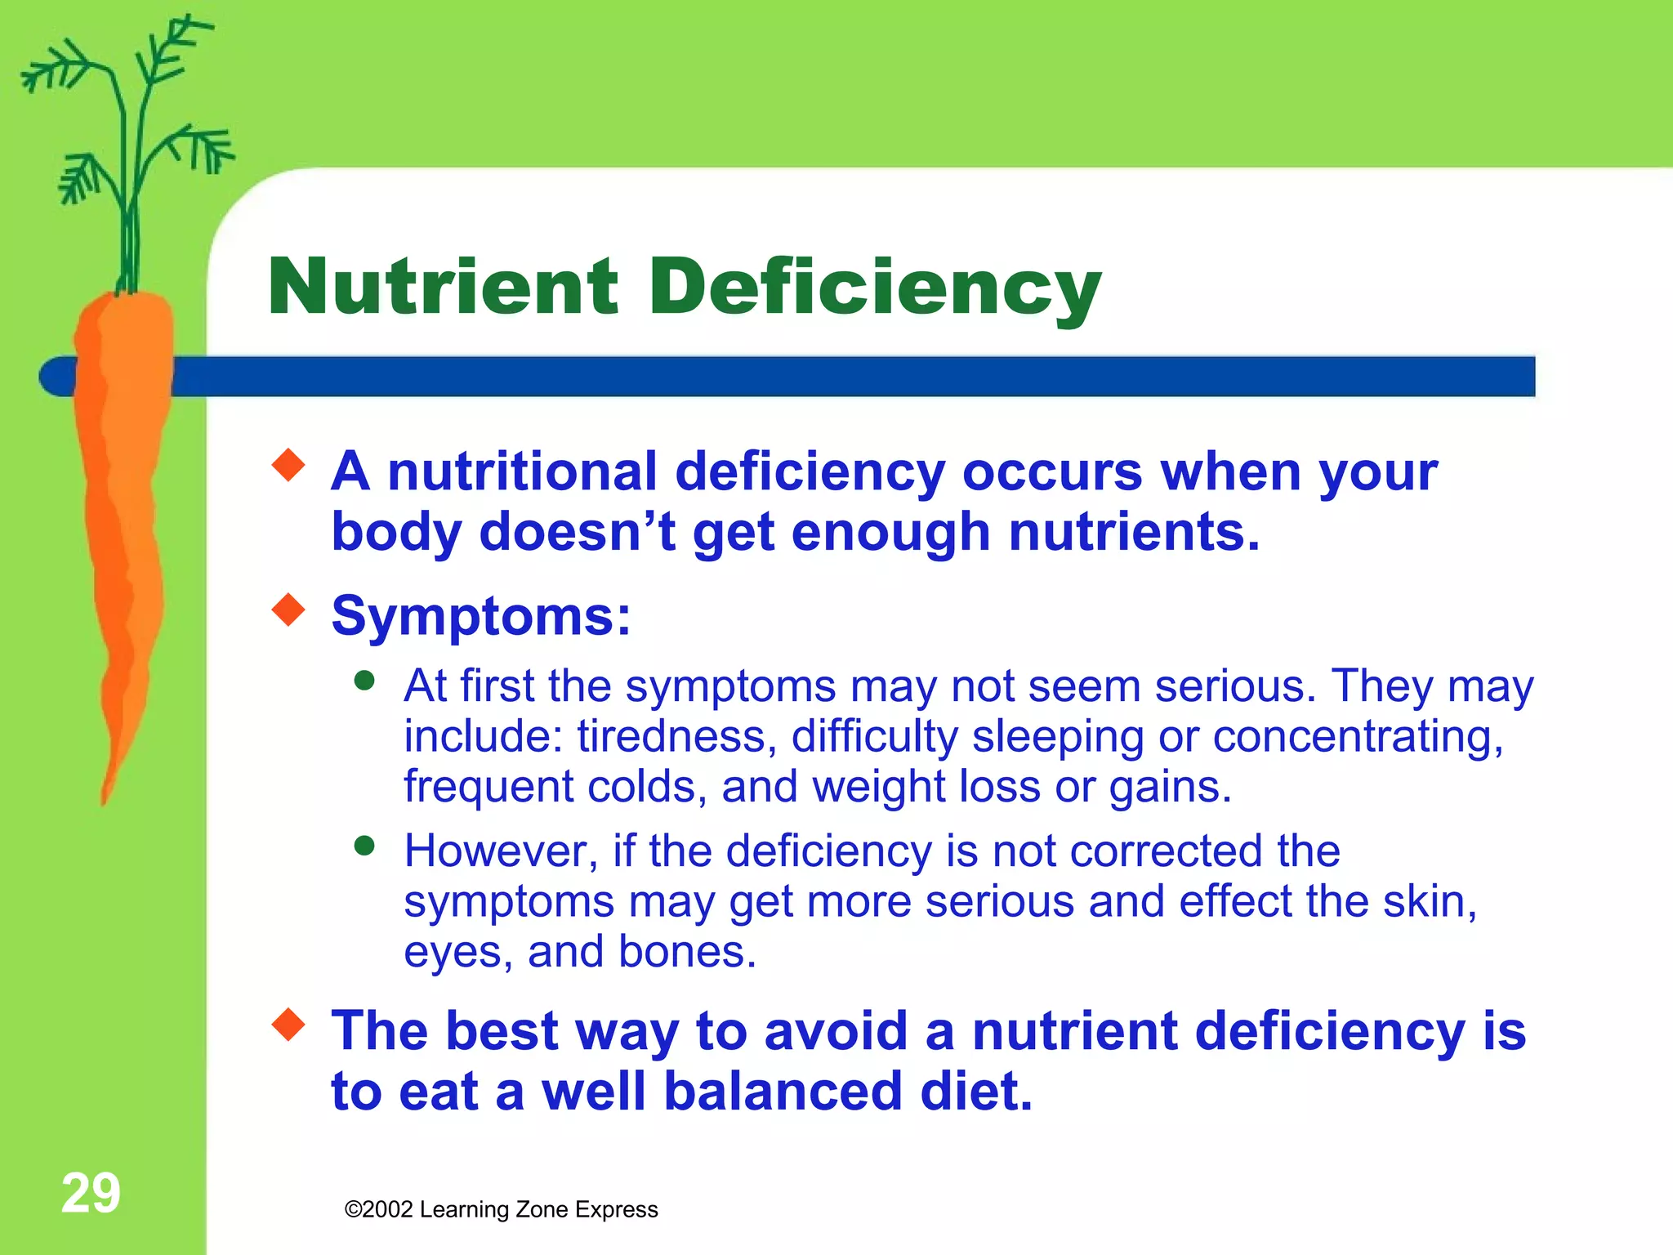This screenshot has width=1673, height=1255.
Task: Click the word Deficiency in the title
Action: [x=874, y=288]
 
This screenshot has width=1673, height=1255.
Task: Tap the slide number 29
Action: [x=91, y=1193]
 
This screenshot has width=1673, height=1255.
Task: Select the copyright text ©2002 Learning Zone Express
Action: [x=501, y=1209]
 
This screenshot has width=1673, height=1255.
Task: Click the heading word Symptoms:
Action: [x=481, y=615]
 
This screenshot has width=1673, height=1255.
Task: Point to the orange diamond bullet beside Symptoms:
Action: [x=288, y=610]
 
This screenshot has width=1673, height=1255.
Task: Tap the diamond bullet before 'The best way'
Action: [x=288, y=1025]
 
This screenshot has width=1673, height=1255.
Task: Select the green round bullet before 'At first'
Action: [x=365, y=681]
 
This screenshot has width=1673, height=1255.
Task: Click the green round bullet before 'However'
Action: [x=365, y=846]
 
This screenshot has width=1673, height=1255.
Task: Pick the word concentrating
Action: [x=1358, y=736]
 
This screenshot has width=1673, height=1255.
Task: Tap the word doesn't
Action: [x=577, y=532]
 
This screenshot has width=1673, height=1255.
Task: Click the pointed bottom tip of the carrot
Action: [x=105, y=799]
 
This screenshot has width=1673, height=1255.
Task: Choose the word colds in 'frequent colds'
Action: [x=647, y=787]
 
